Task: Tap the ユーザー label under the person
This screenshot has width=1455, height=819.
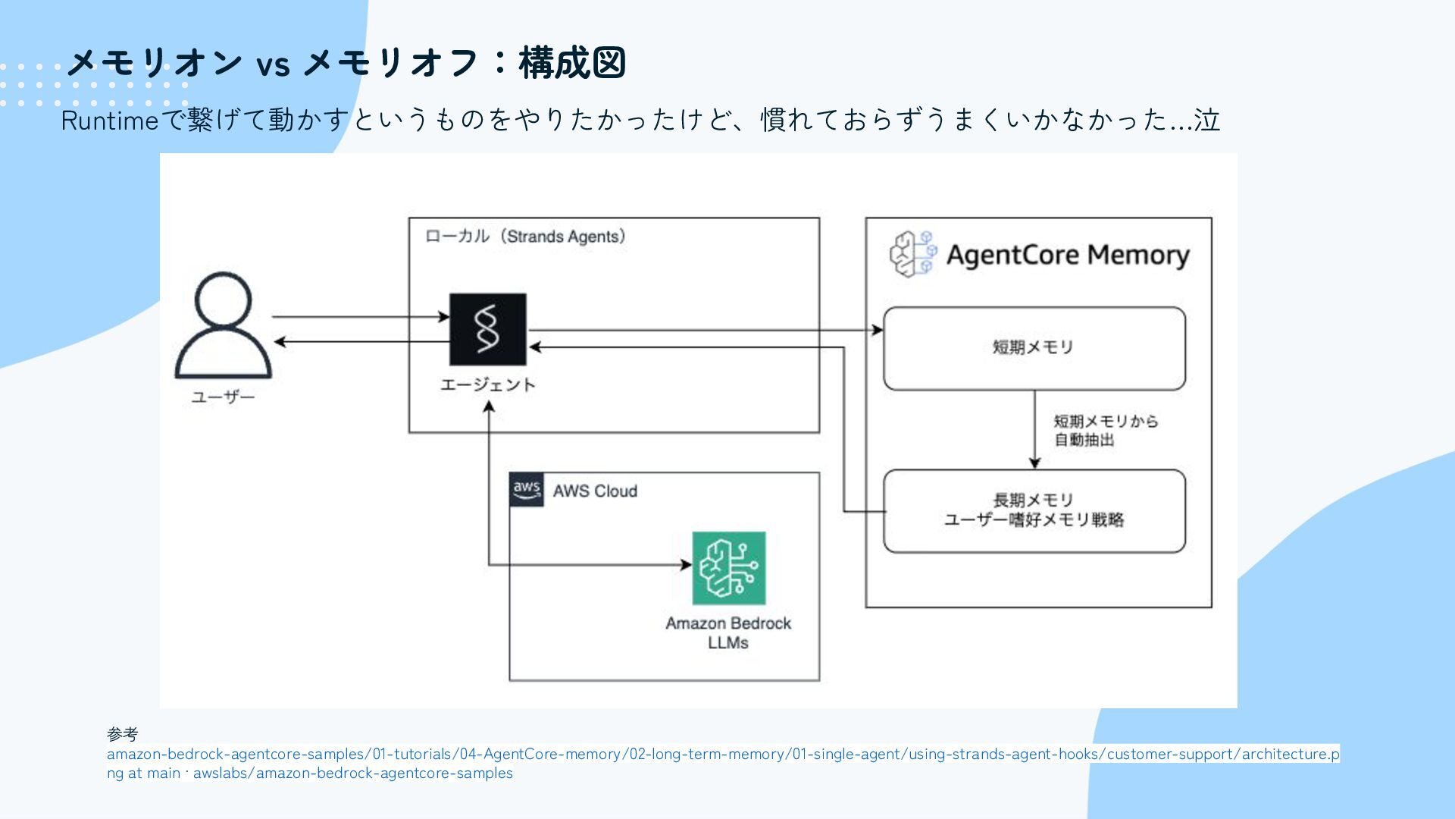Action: point(223,397)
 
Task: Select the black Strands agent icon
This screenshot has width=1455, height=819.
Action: point(487,329)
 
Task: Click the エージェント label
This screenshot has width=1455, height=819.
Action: point(487,384)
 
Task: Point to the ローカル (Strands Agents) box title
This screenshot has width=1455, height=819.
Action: point(525,237)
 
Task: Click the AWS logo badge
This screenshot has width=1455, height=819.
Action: point(527,489)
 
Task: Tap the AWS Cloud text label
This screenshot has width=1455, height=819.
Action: point(595,491)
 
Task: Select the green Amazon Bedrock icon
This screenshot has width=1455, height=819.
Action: point(728,568)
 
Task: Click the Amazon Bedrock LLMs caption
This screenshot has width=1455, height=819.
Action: point(728,633)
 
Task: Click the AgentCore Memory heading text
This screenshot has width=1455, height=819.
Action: point(1068,255)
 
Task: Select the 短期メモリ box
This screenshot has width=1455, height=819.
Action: point(1034,348)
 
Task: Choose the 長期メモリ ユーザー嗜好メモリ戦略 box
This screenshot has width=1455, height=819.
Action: point(1034,510)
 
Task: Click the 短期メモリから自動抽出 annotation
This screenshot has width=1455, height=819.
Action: point(1105,431)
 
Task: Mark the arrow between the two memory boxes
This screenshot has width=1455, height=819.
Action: point(1034,429)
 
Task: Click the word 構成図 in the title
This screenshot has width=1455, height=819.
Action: point(572,62)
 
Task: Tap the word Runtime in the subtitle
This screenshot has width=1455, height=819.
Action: point(109,120)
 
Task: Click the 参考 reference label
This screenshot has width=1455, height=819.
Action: point(123,734)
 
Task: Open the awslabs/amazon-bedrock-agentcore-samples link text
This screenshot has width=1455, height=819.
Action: point(352,773)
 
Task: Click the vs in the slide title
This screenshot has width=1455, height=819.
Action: point(273,65)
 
